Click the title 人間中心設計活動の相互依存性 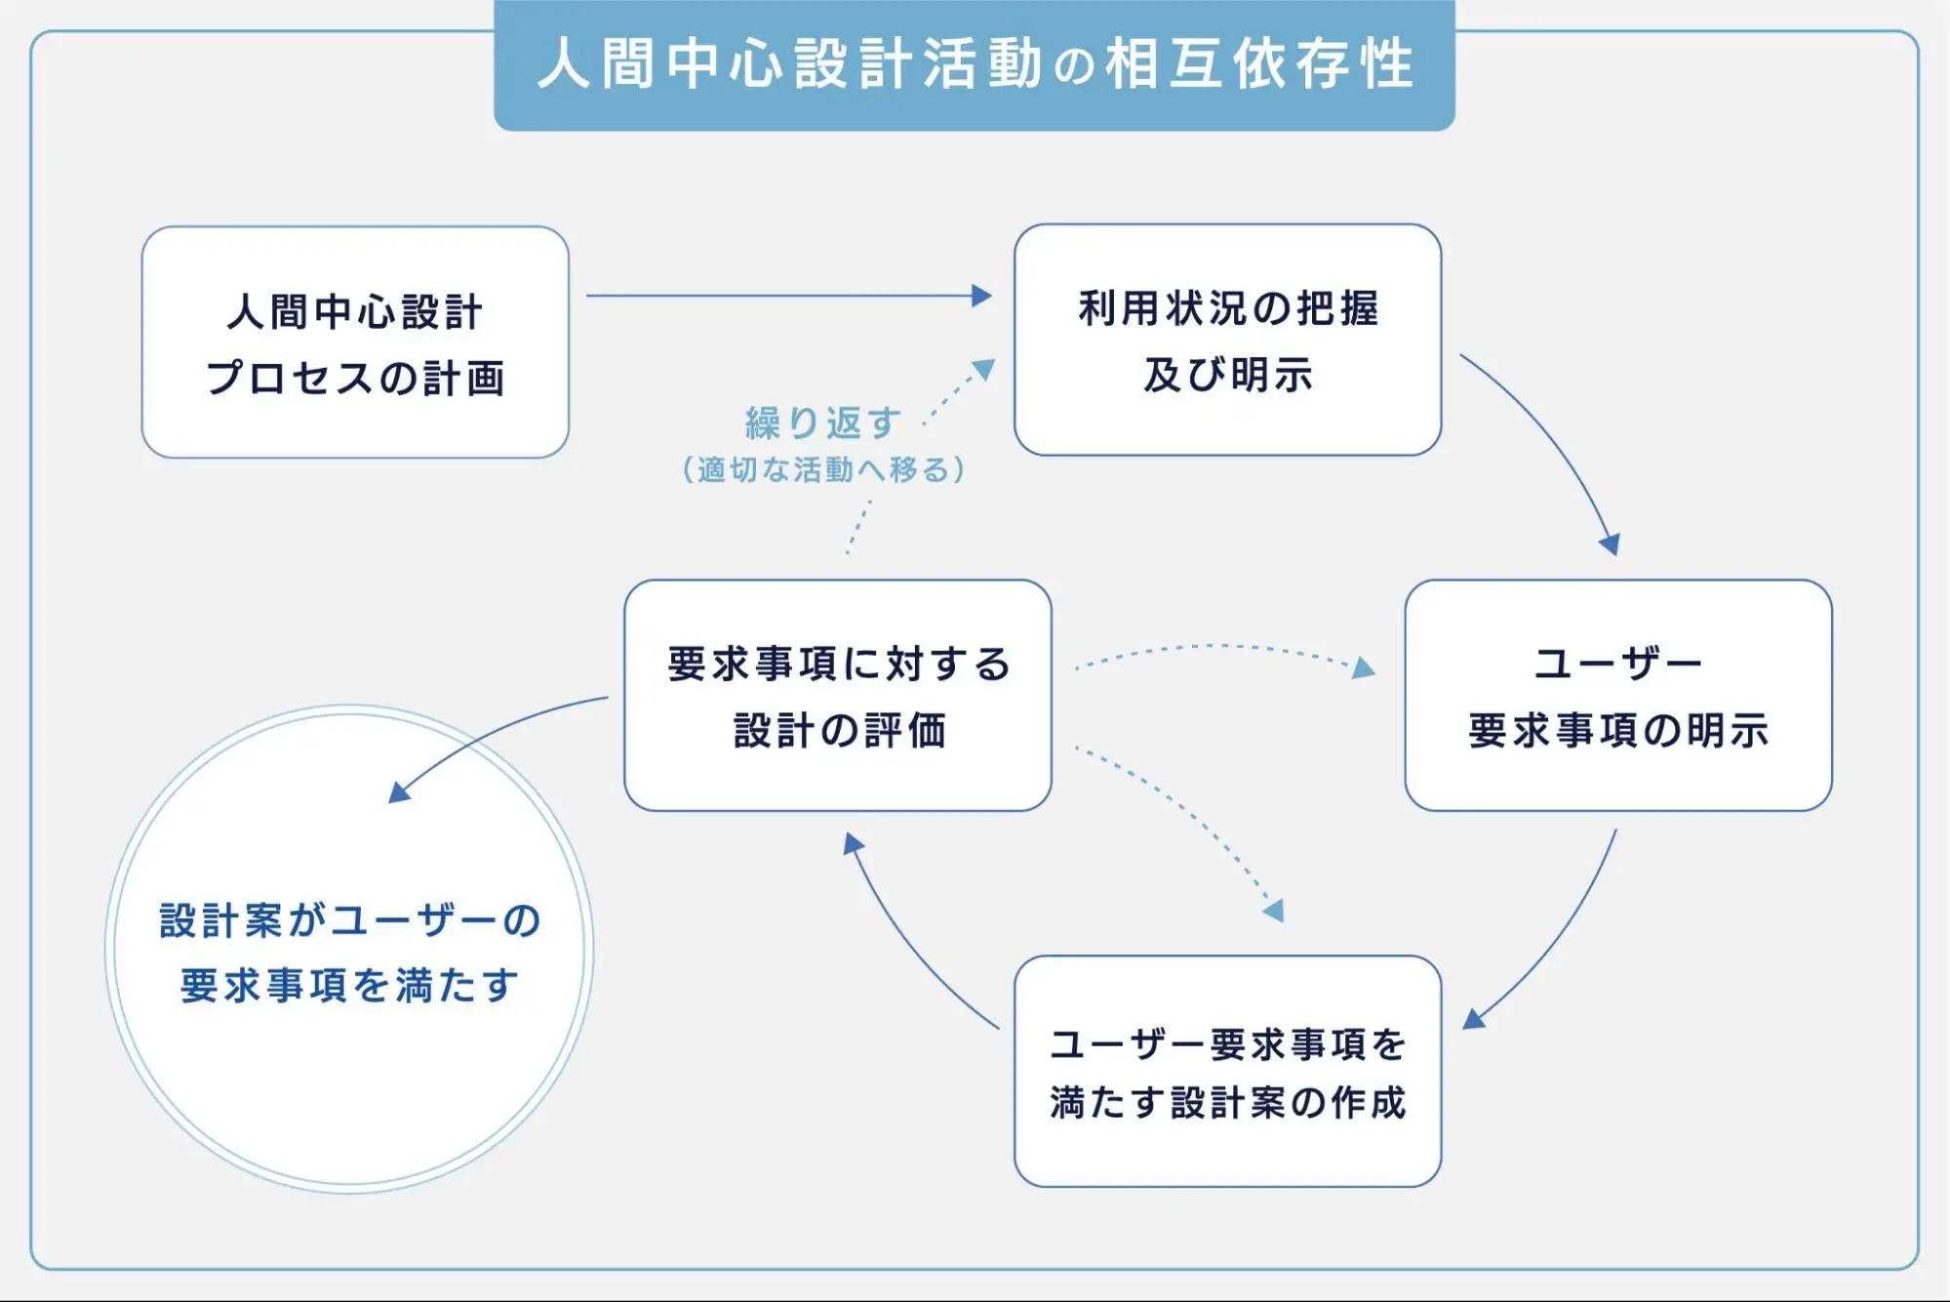point(975,64)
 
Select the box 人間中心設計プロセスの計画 point(355,342)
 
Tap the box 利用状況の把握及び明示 point(1227,340)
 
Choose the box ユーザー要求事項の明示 point(1618,695)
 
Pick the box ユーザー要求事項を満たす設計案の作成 point(1227,1071)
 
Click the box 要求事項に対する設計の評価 point(838,695)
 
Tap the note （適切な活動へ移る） point(824,469)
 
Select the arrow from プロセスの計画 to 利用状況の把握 point(789,296)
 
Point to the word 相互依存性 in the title point(1259,64)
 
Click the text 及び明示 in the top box point(1227,375)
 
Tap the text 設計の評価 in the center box point(839,730)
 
